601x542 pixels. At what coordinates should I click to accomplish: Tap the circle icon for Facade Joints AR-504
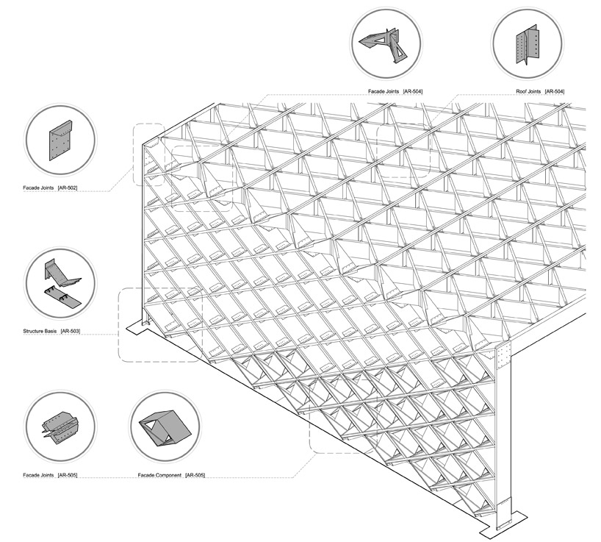(385, 43)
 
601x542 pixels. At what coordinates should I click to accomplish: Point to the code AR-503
(70, 332)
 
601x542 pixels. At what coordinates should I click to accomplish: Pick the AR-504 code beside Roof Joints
(554, 91)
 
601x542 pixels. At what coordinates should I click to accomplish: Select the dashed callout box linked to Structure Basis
(159, 324)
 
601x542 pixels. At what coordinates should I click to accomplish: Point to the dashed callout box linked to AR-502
(147, 153)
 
